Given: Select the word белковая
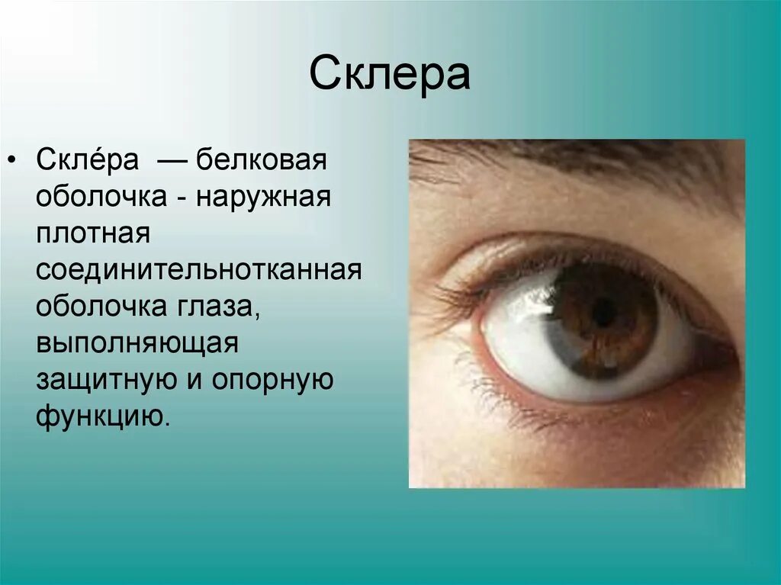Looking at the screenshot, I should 262,162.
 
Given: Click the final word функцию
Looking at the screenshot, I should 99,416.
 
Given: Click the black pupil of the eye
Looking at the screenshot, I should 603,313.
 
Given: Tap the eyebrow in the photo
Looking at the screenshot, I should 580,156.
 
